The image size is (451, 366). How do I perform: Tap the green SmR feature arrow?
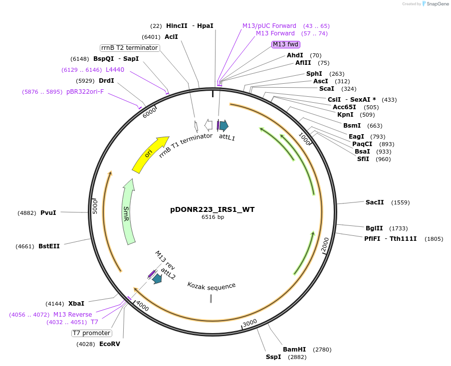point(129,211)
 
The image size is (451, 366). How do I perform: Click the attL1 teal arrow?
point(224,126)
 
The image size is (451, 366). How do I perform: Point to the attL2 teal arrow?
point(157,279)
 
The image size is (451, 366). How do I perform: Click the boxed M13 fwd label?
point(286,44)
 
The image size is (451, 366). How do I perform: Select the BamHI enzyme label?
point(294,350)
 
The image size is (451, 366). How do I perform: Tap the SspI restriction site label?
point(273,357)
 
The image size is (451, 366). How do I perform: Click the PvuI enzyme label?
point(48,212)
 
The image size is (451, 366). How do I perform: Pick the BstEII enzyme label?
point(49,246)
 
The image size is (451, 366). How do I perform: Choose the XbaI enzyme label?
point(76,303)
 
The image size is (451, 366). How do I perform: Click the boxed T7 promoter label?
point(91,333)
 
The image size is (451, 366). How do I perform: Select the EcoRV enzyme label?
point(110,344)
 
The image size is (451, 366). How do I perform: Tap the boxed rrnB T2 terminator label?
point(130,48)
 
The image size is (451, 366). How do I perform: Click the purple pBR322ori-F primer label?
point(85,92)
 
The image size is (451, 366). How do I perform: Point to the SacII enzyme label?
point(375,202)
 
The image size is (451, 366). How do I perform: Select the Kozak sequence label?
point(212,286)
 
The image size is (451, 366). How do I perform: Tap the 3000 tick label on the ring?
point(250,323)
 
